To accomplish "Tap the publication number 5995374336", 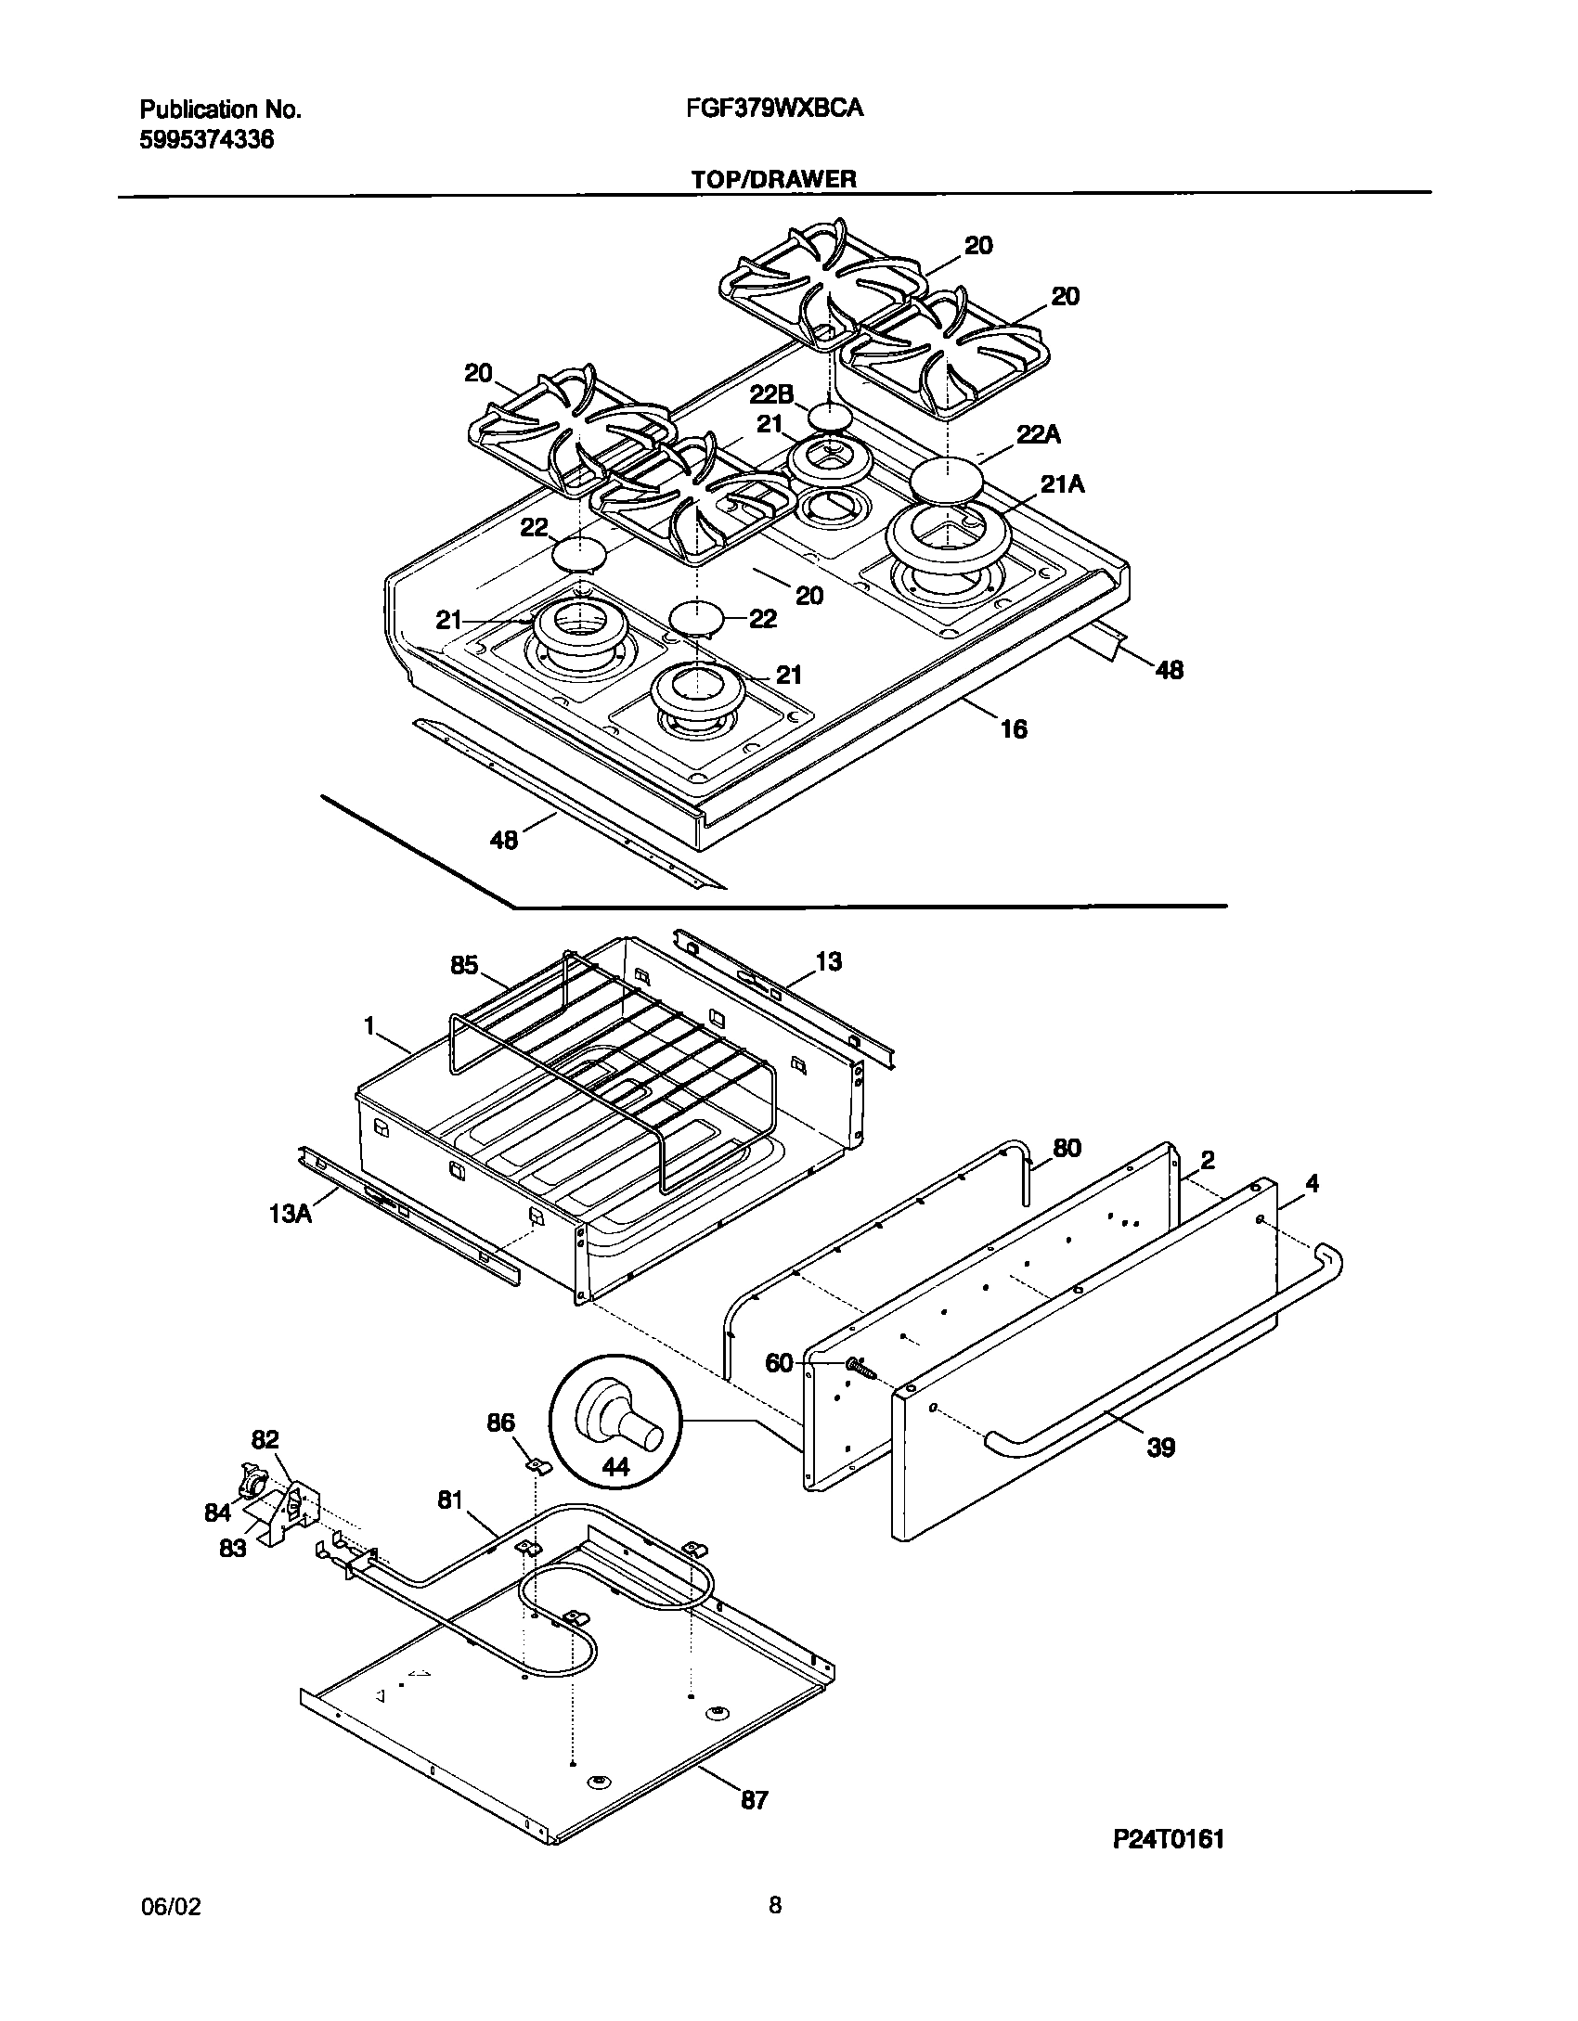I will (207, 140).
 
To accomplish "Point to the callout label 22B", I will (771, 393).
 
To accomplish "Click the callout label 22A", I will (1039, 434).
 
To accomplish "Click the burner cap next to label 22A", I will (946, 482).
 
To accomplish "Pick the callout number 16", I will (1015, 729).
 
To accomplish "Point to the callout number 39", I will (1160, 1447).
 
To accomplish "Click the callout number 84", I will (218, 1513).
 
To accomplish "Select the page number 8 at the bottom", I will (775, 1905).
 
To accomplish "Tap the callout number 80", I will (1067, 1148).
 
